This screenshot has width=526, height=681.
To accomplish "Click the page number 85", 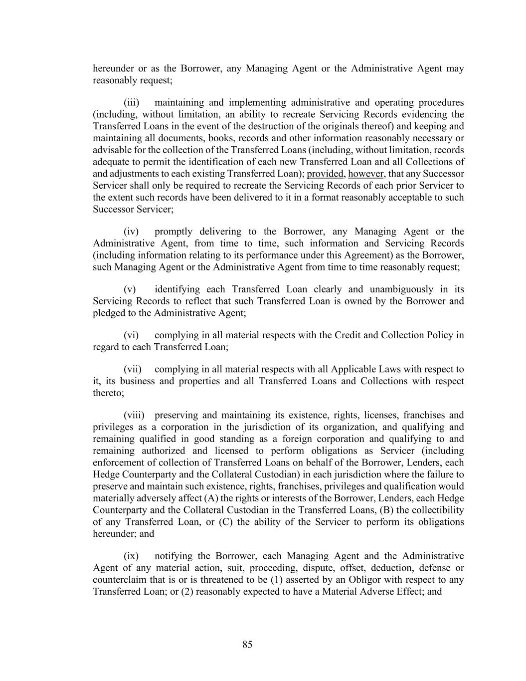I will (247, 645).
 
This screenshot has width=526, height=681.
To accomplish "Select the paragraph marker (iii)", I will (132, 103).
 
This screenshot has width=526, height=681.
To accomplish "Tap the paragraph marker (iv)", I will (131, 231).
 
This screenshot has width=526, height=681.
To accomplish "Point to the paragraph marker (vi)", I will (131, 335).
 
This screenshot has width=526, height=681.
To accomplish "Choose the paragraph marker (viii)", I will (134, 415).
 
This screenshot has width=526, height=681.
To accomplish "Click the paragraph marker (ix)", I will (131, 556).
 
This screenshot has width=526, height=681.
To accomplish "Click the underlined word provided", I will (326, 174).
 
